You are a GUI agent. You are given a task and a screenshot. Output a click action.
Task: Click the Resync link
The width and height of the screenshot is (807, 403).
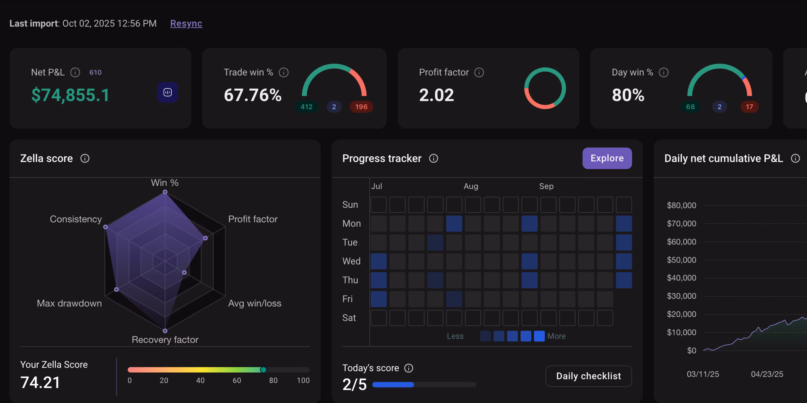tap(186, 24)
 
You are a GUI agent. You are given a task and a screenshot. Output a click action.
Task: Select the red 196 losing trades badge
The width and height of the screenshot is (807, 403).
tap(361, 107)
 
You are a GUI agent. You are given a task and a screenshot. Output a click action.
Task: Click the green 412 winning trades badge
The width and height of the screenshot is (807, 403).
tap(306, 107)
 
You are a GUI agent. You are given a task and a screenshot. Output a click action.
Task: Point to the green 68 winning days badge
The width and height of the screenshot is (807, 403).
tap(690, 107)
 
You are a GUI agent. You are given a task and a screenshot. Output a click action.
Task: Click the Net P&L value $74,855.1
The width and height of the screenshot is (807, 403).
tap(70, 95)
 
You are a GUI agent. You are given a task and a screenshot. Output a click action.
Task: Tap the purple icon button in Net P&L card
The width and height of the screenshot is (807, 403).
tap(168, 92)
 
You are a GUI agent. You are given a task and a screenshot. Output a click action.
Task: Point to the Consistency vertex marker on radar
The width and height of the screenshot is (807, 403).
tap(105, 227)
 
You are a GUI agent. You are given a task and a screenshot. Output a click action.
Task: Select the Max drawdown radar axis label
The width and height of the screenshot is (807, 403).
tap(69, 303)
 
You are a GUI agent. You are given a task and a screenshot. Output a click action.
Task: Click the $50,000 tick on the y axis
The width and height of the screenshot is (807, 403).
tap(681, 260)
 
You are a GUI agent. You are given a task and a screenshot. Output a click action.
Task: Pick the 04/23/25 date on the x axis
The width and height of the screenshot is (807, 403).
tap(767, 374)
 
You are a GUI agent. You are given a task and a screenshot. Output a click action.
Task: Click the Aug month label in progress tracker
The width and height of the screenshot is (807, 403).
tap(471, 186)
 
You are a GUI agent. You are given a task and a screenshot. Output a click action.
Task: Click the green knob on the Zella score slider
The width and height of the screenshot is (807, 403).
tap(263, 370)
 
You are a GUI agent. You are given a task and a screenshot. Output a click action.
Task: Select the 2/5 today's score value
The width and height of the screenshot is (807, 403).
tap(354, 384)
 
